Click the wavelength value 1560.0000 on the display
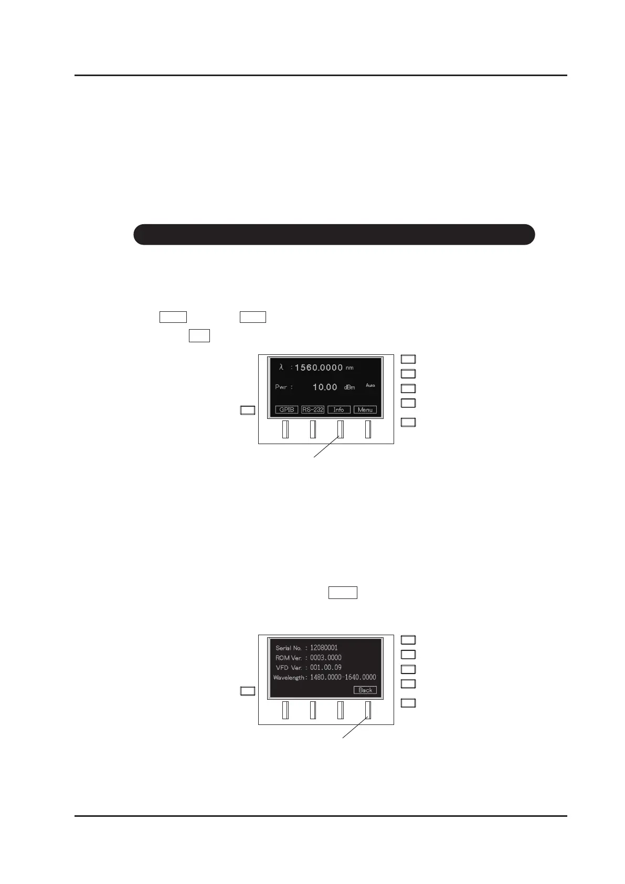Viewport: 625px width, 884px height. point(319,367)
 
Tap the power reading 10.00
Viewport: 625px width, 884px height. point(325,387)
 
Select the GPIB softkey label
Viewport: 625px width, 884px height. point(287,409)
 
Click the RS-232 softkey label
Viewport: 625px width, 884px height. point(313,409)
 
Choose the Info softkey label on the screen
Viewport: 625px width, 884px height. point(339,409)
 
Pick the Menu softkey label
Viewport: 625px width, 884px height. point(365,409)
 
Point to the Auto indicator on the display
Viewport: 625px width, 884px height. point(370,385)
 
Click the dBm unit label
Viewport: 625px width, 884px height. point(349,387)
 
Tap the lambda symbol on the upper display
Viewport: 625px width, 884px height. point(281,367)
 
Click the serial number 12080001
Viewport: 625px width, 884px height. point(324,648)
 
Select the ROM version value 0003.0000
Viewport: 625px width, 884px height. point(326,658)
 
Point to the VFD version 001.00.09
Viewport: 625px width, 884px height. point(326,668)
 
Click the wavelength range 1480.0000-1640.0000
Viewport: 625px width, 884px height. point(343,678)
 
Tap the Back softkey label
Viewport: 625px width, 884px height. point(365,690)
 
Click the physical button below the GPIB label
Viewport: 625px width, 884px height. point(285,429)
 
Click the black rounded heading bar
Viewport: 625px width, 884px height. point(334,234)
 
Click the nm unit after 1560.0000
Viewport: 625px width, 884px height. point(349,368)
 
